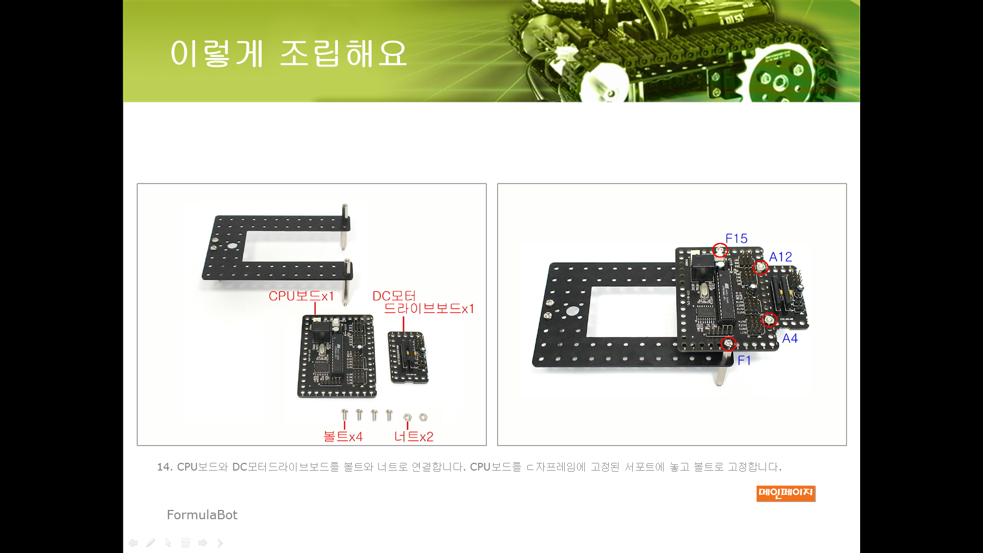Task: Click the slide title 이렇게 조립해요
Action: click(x=289, y=53)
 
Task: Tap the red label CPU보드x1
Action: click(x=301, y=296)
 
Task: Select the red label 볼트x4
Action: click(x=343, y=436)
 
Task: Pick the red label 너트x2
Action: click(x=414, y=436)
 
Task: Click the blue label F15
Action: click(x=736, y=239)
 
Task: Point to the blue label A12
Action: click(x=780, y=257)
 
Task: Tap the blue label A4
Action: click(x=790, y=338)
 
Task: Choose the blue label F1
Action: click(x=744, y=360)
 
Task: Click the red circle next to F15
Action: click(x=720, y=250)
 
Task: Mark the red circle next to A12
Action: click(x=761, y=267)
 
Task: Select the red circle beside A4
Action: click(x=769, y=320)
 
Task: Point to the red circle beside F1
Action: click(x=728, y=343)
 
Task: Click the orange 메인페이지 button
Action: click(x=786, y=493)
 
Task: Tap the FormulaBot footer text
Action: click(x=202, y=515)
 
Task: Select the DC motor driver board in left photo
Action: click(x=408, y=357)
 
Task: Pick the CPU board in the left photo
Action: click(x=337, y=356)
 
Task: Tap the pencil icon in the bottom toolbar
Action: click(x=151, y=543)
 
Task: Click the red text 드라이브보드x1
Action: click(x=429, y=309)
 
